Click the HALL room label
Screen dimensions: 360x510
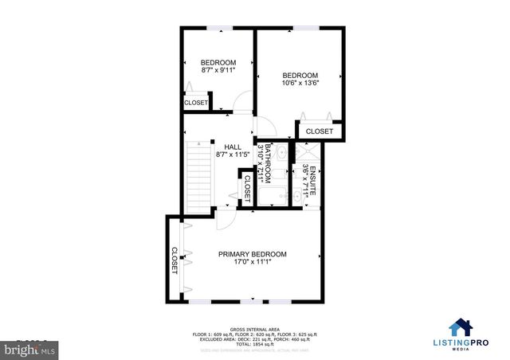pyautogui.click(x=233, y=147)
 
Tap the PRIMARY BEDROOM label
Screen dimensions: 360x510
pyautogui.click(x=253, y=254)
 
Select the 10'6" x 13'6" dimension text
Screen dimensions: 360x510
pyautogui.click(x=300, y=83)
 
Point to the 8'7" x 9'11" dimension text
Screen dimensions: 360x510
pyautogui.click(x=218, y=70)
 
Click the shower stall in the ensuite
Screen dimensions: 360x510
pyautogui.click(x=308, y=154)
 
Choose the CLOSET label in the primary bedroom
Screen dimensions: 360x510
pyautogui.click(x=175, y=260)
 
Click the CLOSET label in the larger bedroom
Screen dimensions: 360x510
pyautogui.click(x=320, y=131)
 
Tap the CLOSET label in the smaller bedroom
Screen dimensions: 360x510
pyautogui.click(x=196, y=103)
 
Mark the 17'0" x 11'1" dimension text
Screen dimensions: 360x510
pyautogui.click(x=253, y=261)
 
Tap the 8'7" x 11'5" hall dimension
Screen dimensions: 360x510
pyautogui.click(x=233, y=155)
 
